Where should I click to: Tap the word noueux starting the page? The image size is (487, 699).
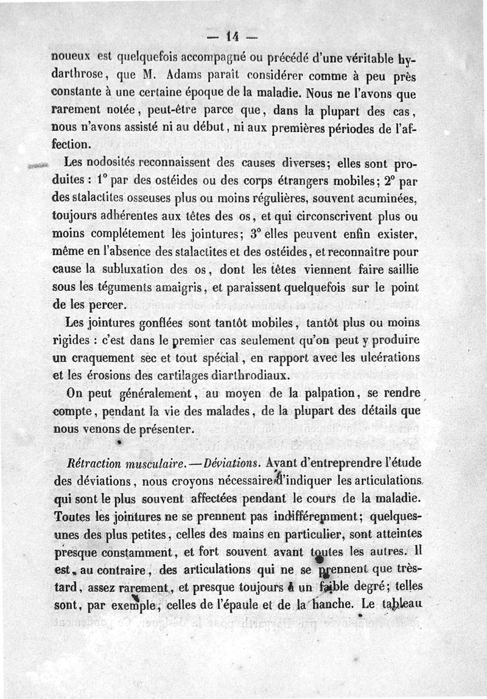click(71, 61)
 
